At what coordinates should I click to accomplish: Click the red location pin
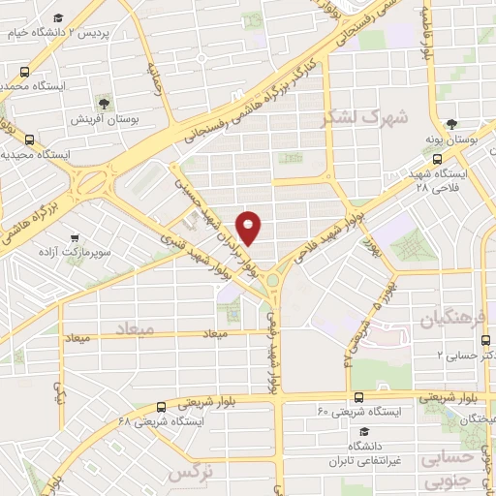click(x=249, y=227)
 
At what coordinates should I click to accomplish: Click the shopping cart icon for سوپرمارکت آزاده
click(x=74, y=236)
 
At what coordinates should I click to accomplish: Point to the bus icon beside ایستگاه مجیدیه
click(x=29, y=139)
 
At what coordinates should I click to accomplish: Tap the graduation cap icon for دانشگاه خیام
click(x=58, y=18)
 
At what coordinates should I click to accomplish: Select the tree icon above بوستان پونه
click(x=451, y=124)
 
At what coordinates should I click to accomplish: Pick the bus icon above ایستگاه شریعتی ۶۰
click(x=359, y=396)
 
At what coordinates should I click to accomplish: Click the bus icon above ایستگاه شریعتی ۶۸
click(x=160, y=406)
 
